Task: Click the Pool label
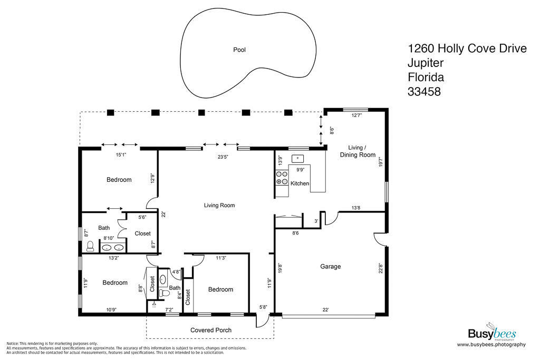tap(239, 50)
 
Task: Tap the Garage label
tap(331, 267)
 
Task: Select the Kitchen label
tap(300, 183)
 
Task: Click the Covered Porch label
tap(211, 330)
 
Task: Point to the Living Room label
tap(219, 205)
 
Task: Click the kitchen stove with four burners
tap(282, 178)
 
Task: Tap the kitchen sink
tap(297, 158)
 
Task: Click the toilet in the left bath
tap(90, 246)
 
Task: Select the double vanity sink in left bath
tap(113, 247)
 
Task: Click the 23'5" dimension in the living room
tap(223, 156)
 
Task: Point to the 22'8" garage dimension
tap(380, 268)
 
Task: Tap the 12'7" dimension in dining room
tap(356, 115)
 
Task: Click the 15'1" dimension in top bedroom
tap(121, 155)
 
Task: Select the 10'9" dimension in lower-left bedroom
tap(111, 310)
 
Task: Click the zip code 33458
tap(424, 91)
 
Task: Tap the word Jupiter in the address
tap(426, 63)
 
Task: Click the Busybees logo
tap(491, 333)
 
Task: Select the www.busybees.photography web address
tap(491, 345)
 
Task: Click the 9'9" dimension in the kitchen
tap(301, 170)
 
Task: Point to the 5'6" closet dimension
tap(142, 217)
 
